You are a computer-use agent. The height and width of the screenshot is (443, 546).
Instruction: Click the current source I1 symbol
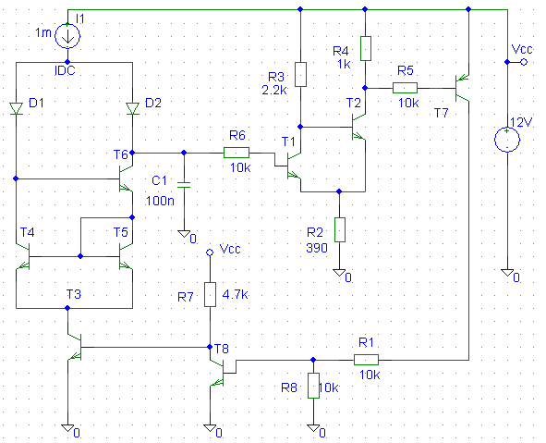click(67, 35)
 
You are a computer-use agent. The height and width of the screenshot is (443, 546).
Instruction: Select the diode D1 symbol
click(16, 108)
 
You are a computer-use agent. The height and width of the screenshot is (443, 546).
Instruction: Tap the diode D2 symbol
click(132, 108)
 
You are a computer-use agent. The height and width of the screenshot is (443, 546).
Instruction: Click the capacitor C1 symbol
click(184, 184)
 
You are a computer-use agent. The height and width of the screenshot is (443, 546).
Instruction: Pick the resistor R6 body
click(237, 153)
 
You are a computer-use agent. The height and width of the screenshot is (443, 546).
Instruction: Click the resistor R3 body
click(300, 74)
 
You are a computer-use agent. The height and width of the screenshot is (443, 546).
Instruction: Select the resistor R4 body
click(365, 48)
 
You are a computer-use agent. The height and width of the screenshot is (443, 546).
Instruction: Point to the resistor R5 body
click(405, 88)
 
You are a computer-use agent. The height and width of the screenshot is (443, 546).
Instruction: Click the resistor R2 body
click(339, 229)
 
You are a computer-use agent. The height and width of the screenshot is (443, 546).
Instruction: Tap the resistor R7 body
click(210, 294)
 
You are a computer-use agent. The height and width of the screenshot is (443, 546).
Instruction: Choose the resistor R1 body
click(366, 360)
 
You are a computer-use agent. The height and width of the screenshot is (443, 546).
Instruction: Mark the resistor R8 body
click(313, 386)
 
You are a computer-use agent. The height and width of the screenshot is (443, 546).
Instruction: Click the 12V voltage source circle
click(507, 140)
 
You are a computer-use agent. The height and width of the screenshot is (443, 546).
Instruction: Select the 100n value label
click(160, 201)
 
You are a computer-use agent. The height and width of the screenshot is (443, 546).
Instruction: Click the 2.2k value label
click(274, 91)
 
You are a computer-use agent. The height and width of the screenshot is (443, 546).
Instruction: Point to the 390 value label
click(317, 248)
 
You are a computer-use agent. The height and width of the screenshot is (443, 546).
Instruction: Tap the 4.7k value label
click(235, 294)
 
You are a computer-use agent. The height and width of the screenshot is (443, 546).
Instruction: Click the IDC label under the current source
click(65, 71)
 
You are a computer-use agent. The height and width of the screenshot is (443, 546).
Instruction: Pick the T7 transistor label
click(442, 113)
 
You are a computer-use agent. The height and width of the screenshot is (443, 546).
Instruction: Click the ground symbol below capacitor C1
click(184, 233)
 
